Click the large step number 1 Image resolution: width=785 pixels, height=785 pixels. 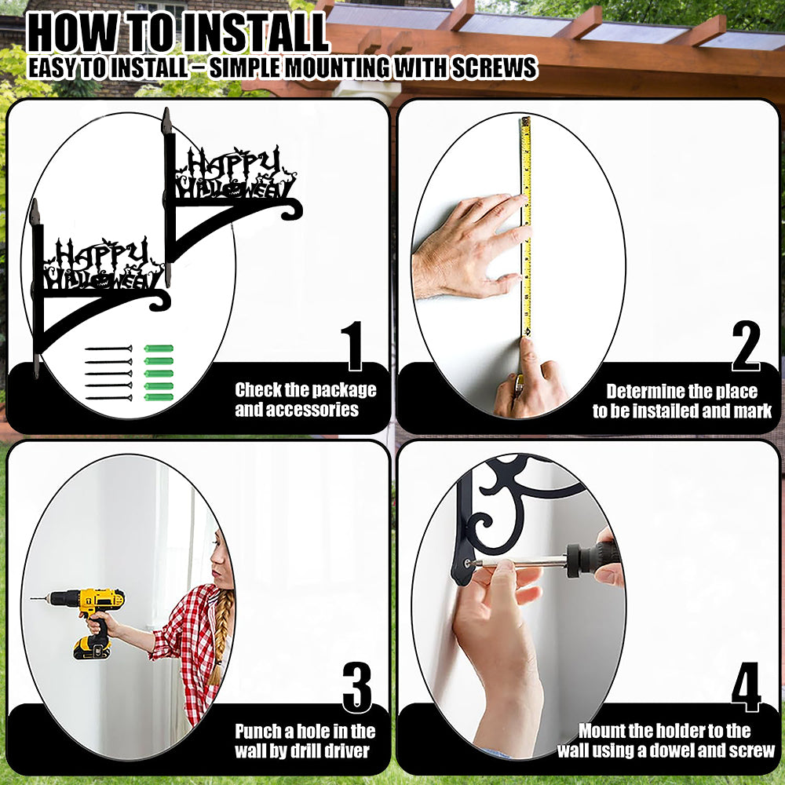tap(354, 346)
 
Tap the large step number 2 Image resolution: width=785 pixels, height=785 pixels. tap(746, 346)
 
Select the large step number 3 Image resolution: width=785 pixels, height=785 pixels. tap(357, 687)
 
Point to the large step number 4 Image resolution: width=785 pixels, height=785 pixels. tap(746, 687)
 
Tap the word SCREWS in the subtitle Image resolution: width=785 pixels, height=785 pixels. tap(494, 68)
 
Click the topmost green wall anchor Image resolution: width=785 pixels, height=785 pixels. tap(159, 349)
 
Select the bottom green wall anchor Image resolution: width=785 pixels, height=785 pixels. tap(159, 397)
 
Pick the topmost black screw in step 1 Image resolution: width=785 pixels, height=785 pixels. tap(108, 349)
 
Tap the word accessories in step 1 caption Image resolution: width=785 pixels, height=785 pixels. tap(297, 410)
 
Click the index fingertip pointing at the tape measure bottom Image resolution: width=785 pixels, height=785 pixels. tap(527, 345)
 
